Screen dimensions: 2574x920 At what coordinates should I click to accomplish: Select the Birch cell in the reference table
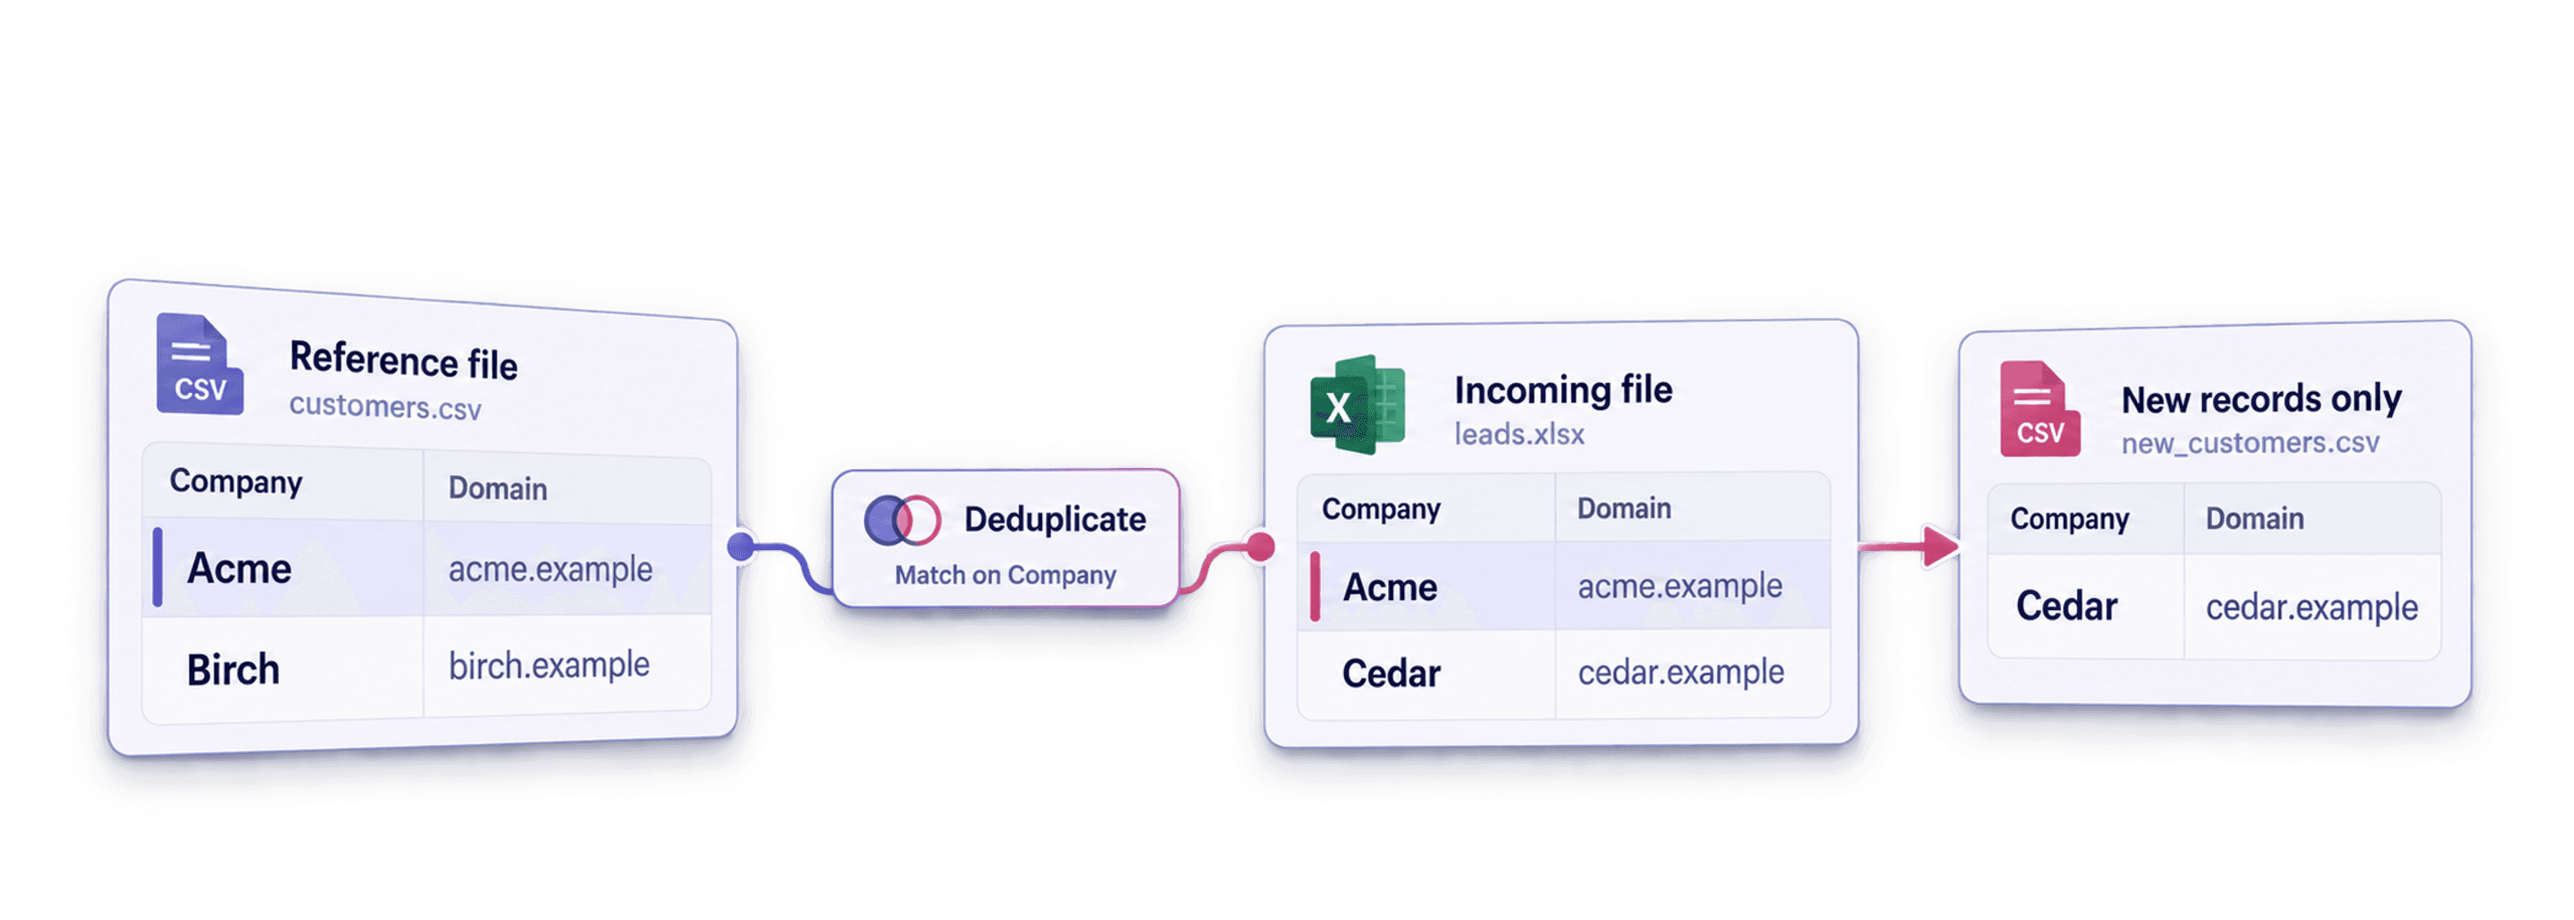tap(232, 669)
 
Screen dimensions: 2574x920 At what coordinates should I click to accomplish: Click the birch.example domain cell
tap(549, 665)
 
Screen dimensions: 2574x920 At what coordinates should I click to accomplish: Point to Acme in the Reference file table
tap(240, 568)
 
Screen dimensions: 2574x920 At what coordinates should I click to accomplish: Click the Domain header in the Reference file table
tap(498, 489)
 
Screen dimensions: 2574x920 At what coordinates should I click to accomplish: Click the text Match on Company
tap(1005, 575)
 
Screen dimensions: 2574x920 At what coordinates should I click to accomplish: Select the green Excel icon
tap(1357, 405)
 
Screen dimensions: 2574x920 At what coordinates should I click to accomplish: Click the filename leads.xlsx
tap(1518, 434)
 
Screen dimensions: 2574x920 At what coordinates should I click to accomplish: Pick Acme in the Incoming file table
tap(1390, 588)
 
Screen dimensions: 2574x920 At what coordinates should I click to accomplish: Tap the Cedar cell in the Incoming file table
tap(1391, 673)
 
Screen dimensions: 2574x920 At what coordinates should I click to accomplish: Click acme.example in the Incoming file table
tap(1679, 585)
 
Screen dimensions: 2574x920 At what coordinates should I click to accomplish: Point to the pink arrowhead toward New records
tap(1940, 547)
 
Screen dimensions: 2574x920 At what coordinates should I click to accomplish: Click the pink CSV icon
tap(2040, 408)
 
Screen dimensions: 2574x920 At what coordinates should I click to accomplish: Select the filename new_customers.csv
tap(2250, 442)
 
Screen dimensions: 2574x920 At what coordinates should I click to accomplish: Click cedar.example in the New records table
tap(2311, 607)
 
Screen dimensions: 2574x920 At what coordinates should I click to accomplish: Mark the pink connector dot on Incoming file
tap(1261, 547)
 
